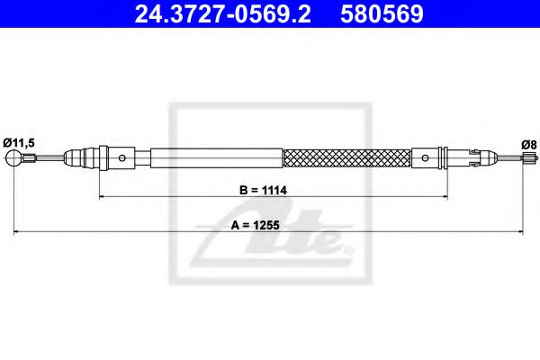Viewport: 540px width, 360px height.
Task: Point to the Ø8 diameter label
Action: click(x=529, y=143)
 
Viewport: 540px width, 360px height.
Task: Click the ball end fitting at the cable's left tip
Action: click(x=14, y=159)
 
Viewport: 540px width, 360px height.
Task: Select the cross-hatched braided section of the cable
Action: click(x=346, y=158)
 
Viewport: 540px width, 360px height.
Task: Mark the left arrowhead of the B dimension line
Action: click(x=103, y=195)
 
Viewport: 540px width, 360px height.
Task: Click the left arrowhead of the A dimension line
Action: click(x=14, y=232)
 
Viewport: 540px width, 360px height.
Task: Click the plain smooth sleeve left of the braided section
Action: click(x=216, y=158)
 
